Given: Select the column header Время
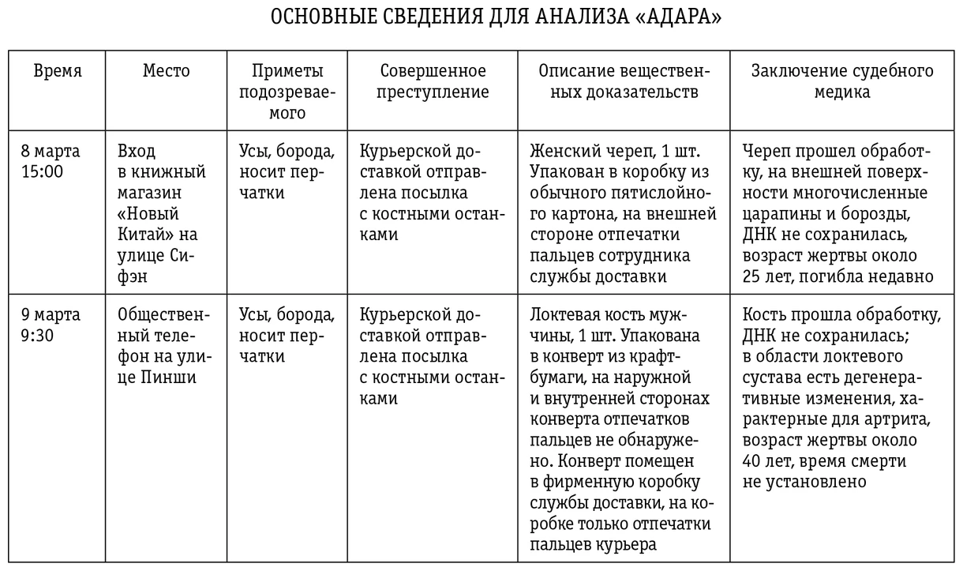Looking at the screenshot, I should (x=57, y=71).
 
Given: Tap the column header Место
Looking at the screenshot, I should (x=167, y=71).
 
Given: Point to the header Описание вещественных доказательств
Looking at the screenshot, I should (x=624, y=81).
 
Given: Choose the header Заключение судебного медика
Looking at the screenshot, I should (x=842, y=81).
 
